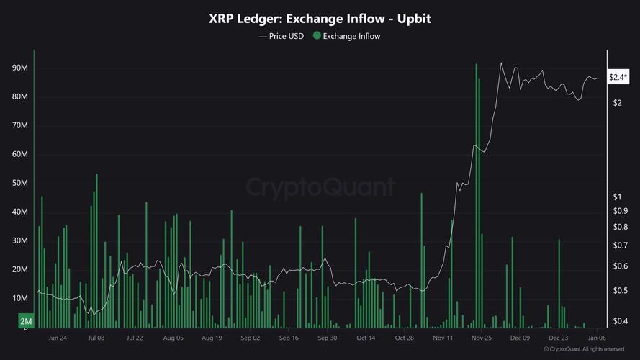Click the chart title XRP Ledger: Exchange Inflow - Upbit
[320, 19]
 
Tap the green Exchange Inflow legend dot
[317, 36]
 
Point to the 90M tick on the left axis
[20, 68]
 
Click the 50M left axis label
[20, 183]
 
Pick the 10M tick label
[20, 298]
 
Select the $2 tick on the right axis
[617, 103]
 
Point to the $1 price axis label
[617, 197]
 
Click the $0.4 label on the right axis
[620, 321]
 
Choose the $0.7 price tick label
[620, 246]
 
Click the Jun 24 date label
[58, 337]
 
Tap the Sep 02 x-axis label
[250, 337]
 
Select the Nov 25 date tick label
[482, 337]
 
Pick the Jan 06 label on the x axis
[597, 337]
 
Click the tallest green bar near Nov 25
[476, 194]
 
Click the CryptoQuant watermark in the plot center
[320, 187]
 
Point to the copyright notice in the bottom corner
[584, 349]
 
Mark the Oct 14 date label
[366, 337]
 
